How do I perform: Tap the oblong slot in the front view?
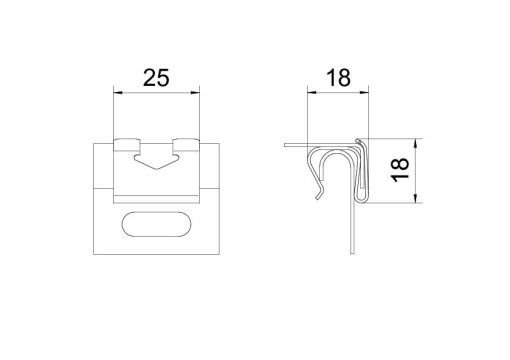tap(156, 223)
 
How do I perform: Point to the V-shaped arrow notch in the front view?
tap(156, 157)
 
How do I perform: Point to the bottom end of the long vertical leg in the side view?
tap(352, 250)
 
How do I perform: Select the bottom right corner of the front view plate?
tap(219, 250)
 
